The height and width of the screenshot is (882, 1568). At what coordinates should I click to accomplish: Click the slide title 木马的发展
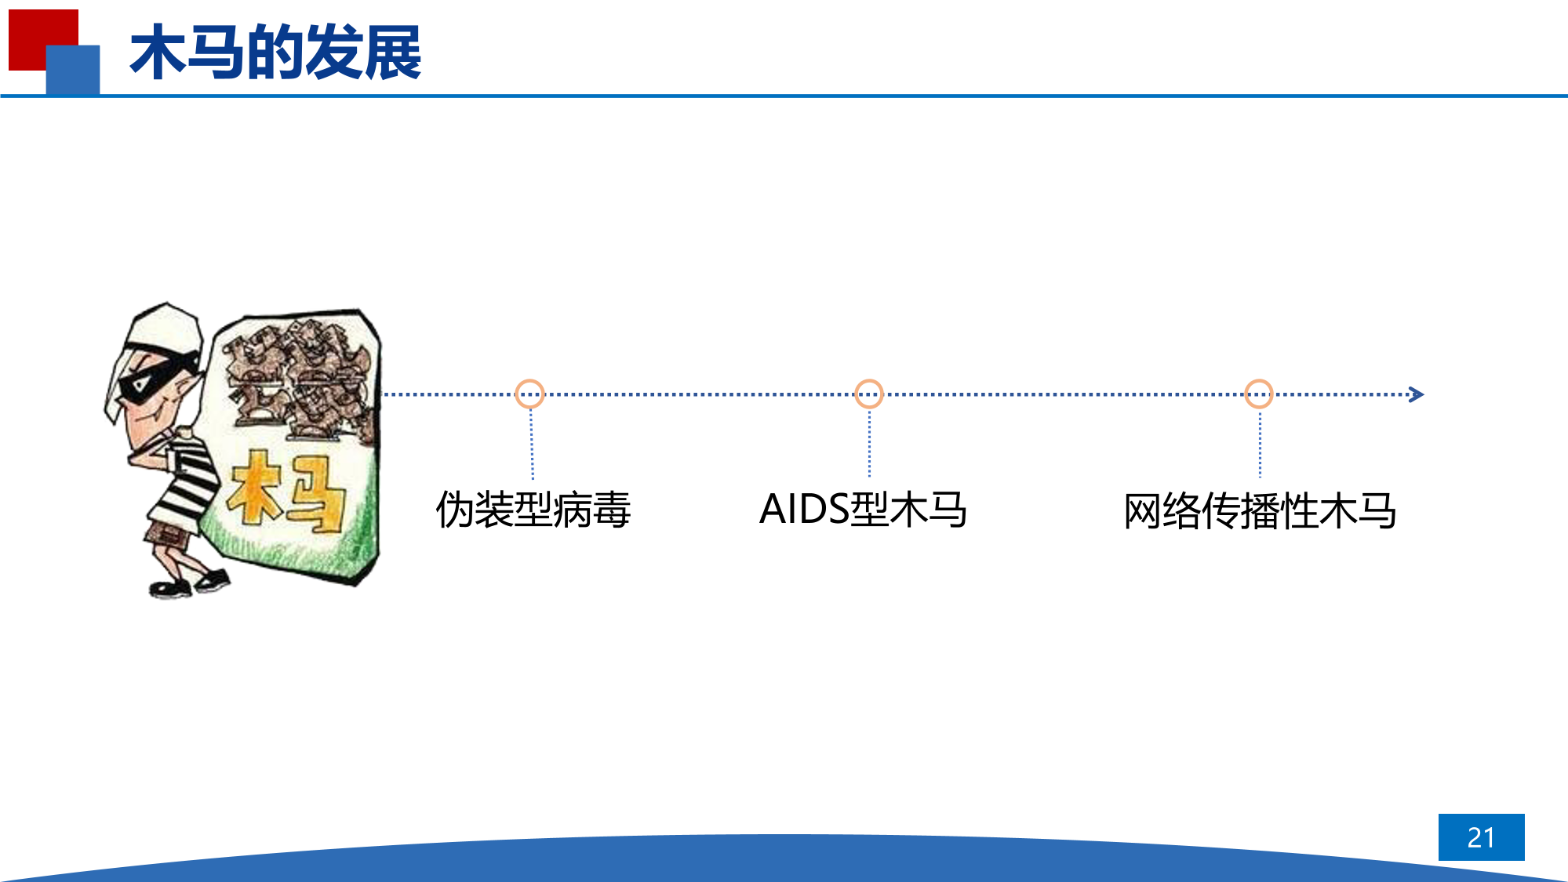[x=275, y=53]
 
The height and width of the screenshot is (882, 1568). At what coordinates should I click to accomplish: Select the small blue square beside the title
[x=73, y=70]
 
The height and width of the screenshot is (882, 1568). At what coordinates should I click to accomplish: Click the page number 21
[x=1481, y=837]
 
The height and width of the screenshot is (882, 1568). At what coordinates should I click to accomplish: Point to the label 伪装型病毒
[x=533, y=510]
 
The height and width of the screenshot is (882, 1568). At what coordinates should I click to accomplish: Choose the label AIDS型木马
[x=863, y=510]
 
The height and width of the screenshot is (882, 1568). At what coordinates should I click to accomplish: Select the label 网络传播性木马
[x=1260, y=510]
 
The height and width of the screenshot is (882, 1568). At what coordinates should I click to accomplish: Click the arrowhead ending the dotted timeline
[x=1417, y=394]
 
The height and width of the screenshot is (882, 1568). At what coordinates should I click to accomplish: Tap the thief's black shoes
[x=189, y=584]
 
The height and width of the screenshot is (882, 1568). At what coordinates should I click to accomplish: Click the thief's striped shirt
[x=184, y=478]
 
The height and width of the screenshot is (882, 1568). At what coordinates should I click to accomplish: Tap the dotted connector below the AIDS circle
[x=869, y=443]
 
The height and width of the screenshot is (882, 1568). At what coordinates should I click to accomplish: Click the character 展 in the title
[x=392, y=53]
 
